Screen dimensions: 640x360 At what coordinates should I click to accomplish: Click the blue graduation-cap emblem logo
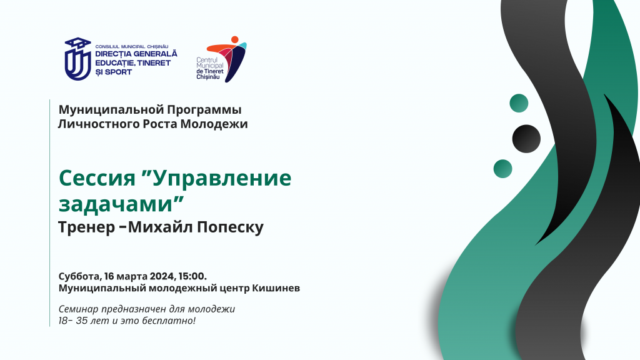click(77, 59)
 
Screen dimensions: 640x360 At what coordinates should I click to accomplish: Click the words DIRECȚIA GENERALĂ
click(136, 54)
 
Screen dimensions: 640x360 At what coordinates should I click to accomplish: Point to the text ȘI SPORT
click(114, 72)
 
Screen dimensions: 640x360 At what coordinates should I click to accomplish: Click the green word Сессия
click(97, 177)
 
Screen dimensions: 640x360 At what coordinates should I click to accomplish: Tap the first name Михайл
click(161, 227)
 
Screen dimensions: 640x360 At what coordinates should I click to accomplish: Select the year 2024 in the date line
click(162, 276)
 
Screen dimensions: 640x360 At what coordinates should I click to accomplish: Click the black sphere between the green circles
click(526, 139)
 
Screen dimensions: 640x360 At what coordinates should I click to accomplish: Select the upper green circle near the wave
click(519, 103)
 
